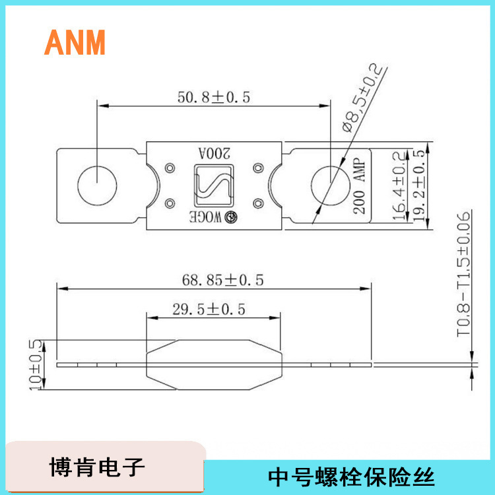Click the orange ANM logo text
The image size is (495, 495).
[75, 42]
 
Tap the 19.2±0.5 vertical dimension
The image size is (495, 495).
[417, 184]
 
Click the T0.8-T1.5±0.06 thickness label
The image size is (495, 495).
[464, 275]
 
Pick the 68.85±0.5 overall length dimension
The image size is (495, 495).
[223, 280]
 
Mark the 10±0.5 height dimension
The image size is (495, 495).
[35, 365]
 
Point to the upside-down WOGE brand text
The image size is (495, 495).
[205, 216]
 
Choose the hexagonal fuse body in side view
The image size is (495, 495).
[213, 364]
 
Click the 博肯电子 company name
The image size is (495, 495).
[96, 467]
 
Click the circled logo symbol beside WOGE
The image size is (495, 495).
[232, 216]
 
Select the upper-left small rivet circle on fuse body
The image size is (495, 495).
[170, 166]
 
